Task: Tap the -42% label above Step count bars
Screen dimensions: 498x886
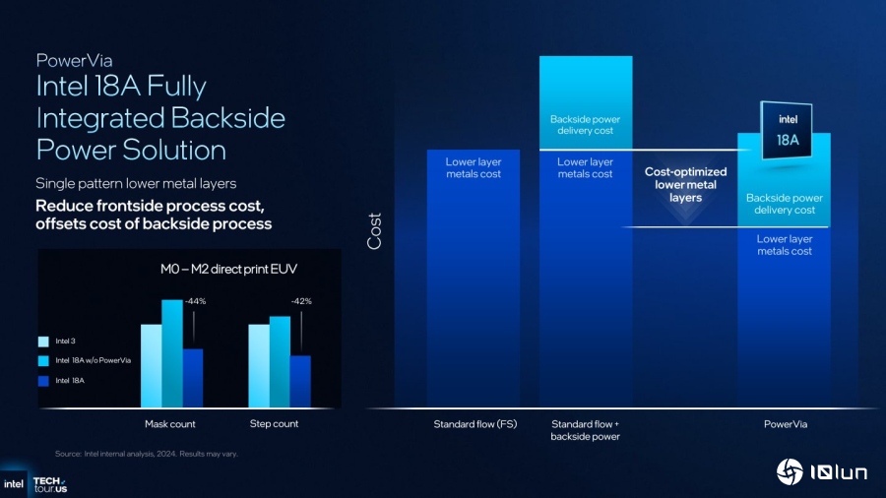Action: (x=300, y=301)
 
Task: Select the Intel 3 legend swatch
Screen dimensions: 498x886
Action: (x=42, y=342)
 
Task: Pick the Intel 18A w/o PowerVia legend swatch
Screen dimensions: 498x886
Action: (x=42, y=360)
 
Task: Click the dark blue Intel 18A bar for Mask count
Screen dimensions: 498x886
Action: (x=193, y=378)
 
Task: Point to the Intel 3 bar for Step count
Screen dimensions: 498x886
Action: (x=258, y=365)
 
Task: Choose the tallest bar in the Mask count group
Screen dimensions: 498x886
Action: (x=172, y=353)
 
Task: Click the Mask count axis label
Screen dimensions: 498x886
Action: (x=170, y=424)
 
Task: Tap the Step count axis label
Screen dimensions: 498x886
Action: (x=274, y=424)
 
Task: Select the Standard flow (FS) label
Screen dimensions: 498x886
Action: (x=474, y=425)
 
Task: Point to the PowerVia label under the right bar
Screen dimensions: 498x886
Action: (x=785, y=425)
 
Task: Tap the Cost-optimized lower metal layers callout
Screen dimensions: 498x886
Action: (x=685, y=185)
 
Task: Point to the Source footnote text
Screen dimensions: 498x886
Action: (x=146, y=454)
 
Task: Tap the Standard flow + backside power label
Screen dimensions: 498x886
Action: (x=586, y=430)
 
